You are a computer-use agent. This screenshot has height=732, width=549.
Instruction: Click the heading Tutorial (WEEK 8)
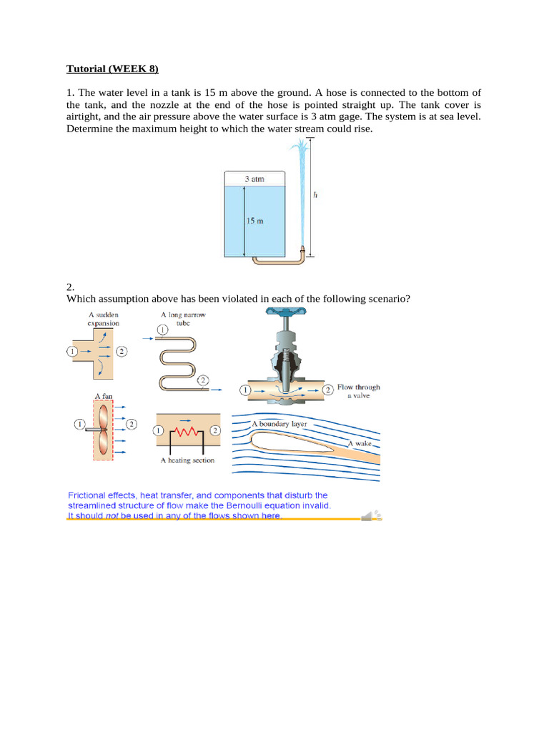coord(112,69)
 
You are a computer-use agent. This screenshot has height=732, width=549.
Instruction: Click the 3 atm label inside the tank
coord(254,179)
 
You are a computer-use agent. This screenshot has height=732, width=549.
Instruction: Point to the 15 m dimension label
coord(254,222)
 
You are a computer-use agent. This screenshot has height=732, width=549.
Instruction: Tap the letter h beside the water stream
coord(315,194)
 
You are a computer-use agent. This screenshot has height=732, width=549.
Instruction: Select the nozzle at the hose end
coord(302,251)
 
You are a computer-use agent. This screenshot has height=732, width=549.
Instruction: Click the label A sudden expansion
coord(103,319)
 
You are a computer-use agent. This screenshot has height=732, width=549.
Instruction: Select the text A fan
coord(104,395)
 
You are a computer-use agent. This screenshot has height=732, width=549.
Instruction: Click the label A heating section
coord(187,460)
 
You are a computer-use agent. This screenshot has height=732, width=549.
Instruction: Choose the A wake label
coord(360,444)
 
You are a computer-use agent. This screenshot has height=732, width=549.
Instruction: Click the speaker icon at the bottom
coord(371,515)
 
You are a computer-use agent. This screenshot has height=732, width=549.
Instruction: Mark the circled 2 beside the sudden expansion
coord(122,352)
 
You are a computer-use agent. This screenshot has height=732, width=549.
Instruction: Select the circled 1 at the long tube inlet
coord(162,330)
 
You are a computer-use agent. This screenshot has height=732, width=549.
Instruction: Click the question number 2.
coord(70,287)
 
